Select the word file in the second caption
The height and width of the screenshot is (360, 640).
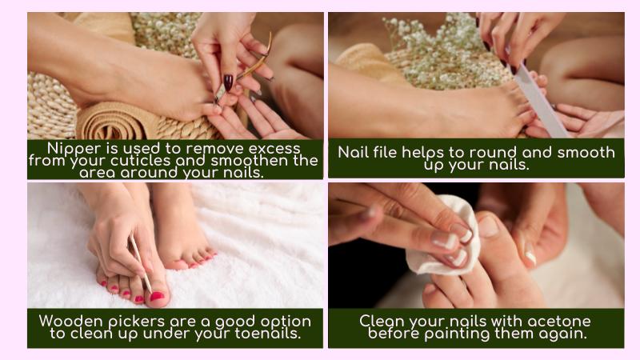tap(383, 152)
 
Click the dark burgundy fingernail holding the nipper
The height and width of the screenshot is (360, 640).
tap(228, 82)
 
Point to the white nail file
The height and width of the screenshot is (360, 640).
tap(538, 97)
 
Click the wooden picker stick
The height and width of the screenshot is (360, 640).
tap(140, 263)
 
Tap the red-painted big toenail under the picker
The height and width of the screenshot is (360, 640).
tap(157, 296)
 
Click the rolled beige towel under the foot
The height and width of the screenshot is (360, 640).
tap(118, 122)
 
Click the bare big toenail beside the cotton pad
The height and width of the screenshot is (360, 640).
tap(488, 226)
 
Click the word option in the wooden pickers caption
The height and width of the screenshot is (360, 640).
tap(286, 322)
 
